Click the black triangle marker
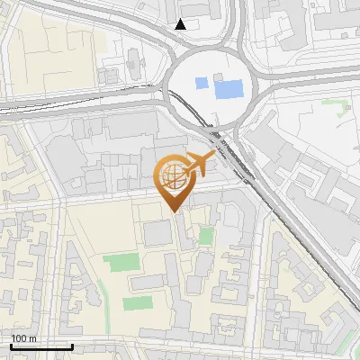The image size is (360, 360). (181, 23)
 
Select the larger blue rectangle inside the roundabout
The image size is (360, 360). (229, 89)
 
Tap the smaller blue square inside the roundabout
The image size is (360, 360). (202, 83)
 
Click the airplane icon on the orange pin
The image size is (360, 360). (196, 166)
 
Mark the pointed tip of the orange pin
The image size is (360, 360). (175, 211)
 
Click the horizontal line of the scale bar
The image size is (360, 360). (41, 346)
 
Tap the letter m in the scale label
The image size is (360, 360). (32, 338)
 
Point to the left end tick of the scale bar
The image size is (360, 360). (11, 345)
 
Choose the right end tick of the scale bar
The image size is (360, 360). (72, 345)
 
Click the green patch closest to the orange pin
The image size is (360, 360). (206, 236)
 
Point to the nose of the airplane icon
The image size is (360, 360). (212, 157)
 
